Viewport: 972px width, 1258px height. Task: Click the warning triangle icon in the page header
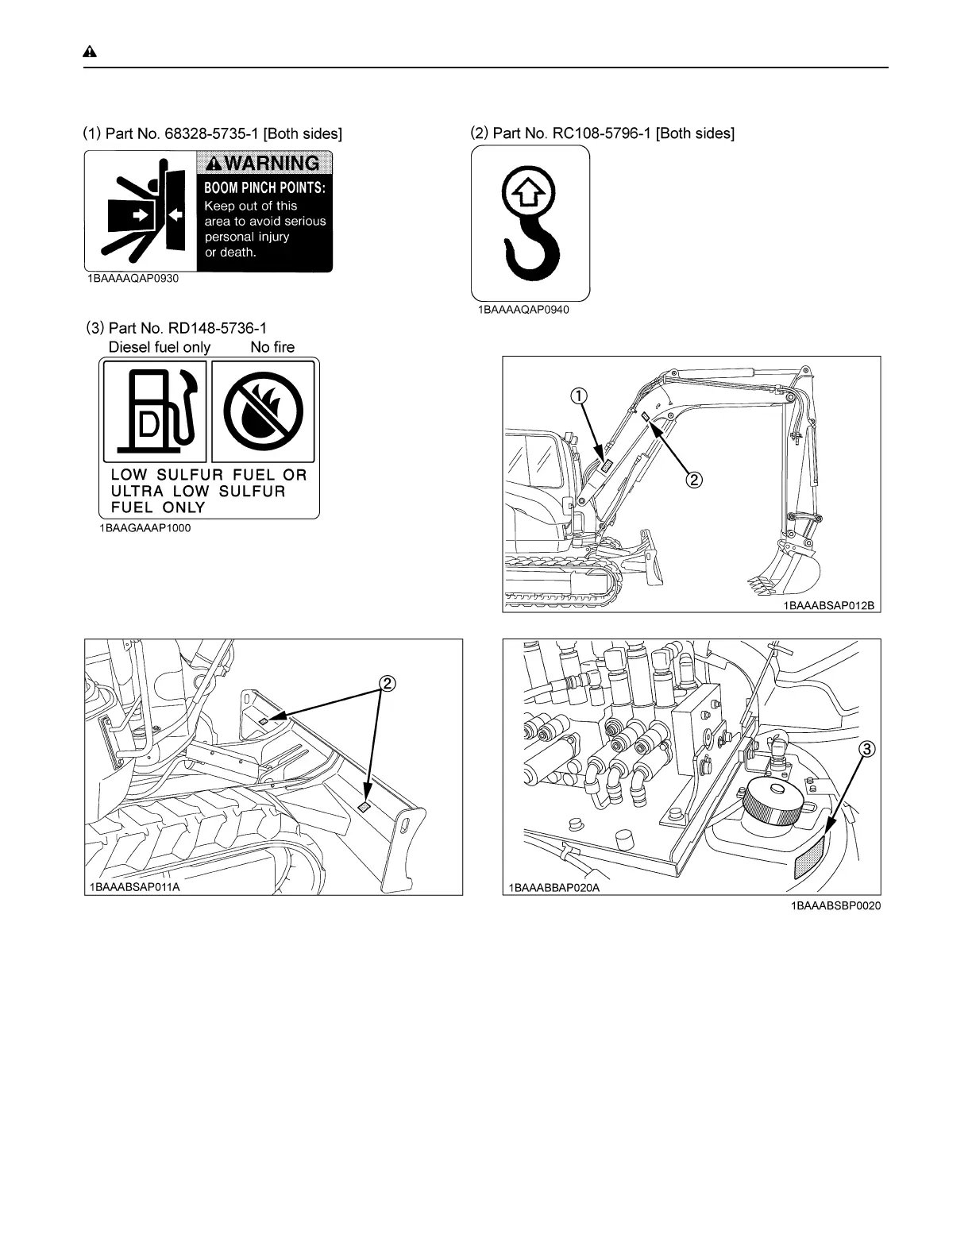[90, 52]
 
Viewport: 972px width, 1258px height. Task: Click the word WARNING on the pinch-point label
[271, 164]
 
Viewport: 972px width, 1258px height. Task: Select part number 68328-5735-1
[211, 134]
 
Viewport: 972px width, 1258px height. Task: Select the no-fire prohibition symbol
[264, 410]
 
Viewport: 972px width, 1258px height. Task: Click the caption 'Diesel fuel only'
[159, 347]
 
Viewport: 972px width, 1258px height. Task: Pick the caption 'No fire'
[272, 347]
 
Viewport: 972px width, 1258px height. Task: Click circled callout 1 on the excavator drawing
[581, 396]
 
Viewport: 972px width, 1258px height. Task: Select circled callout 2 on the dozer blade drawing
[387, 683]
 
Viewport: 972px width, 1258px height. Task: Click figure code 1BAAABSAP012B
[828, 606]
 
